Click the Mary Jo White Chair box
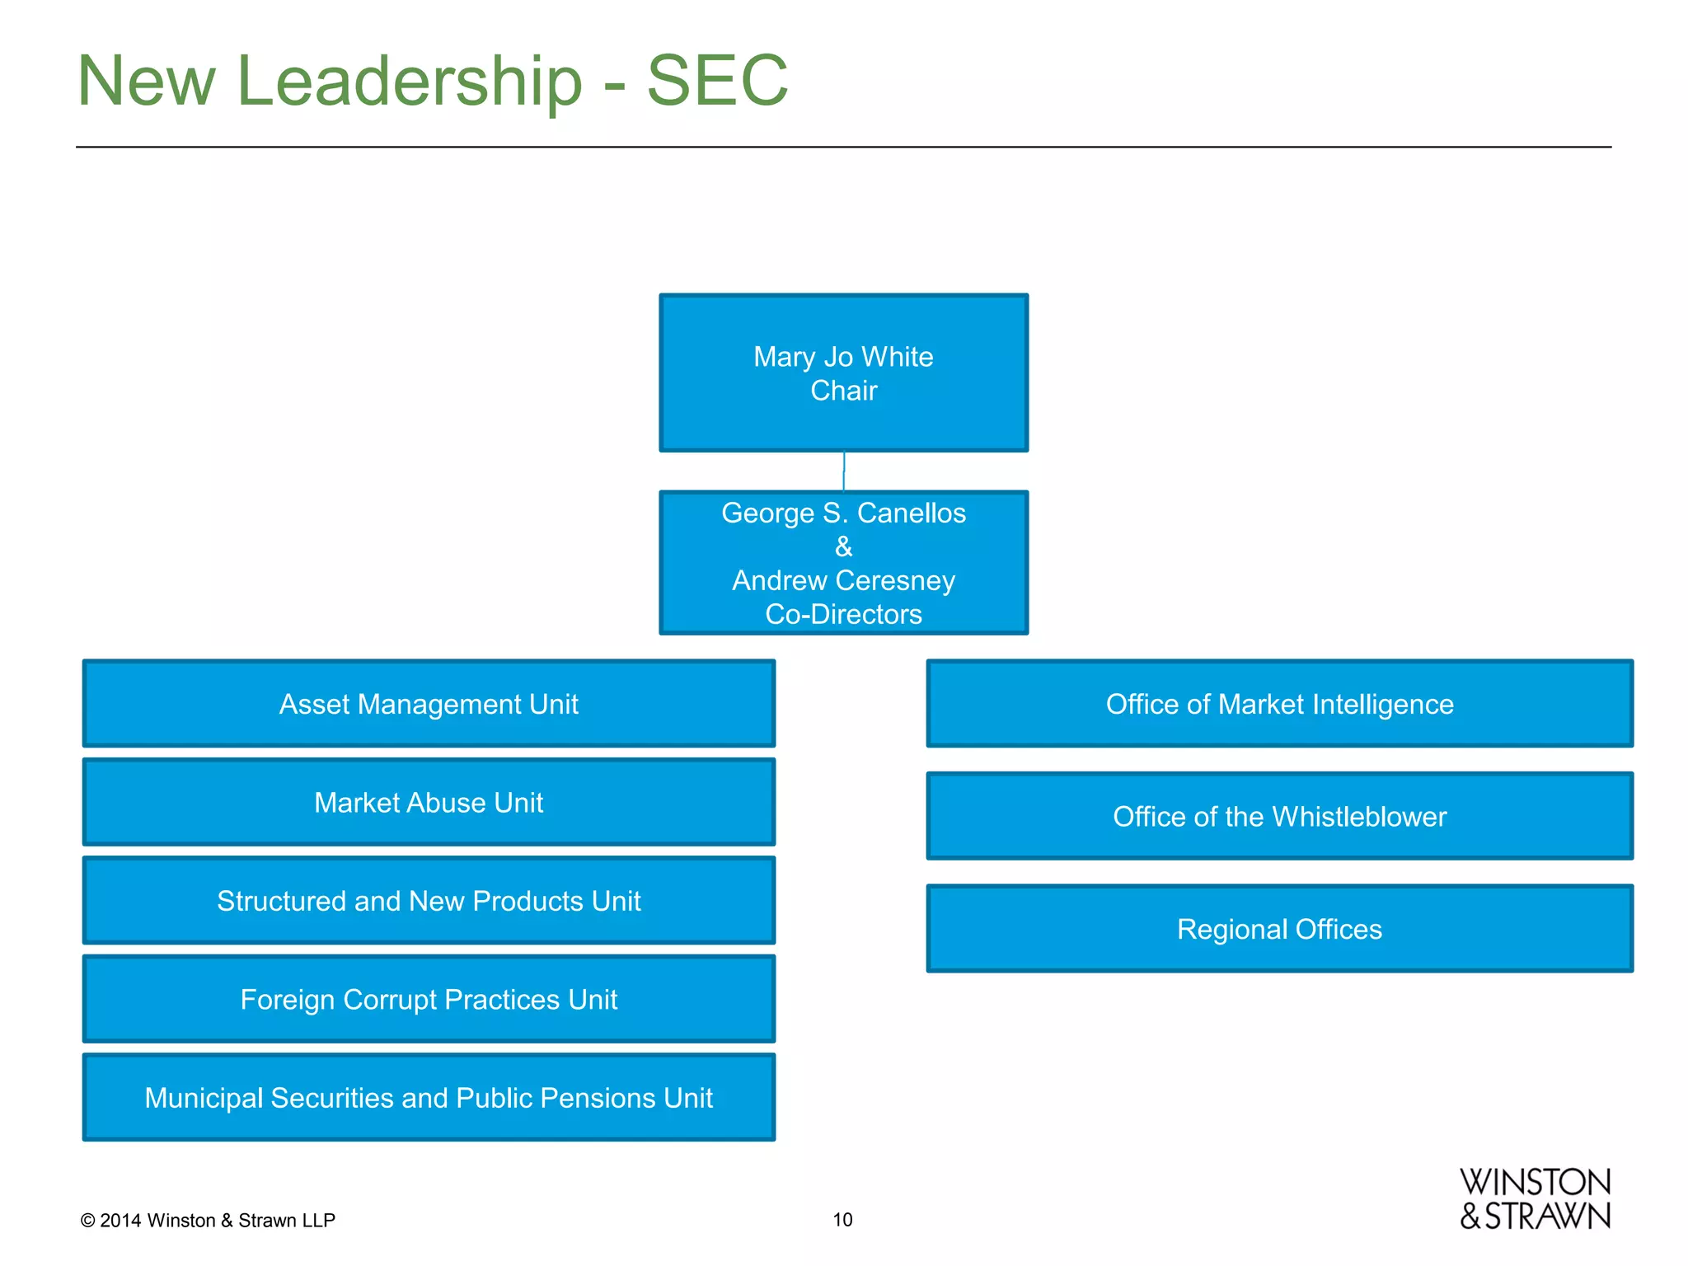pos(843,373)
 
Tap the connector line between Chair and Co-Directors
pos(843,471)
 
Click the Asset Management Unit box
pos(429,704)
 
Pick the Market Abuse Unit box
pos(429,802)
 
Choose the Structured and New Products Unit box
pos(429,900)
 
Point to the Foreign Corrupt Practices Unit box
pos(429,999)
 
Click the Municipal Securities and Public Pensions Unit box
pos(429,1097)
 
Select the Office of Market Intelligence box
pos(1279,704)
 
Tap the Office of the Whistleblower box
pos(1279,816)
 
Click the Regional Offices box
pos(1279,929)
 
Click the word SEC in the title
pos(717,81)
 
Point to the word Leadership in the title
pos(410,81)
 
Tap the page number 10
pos(842,1219)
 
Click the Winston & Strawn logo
pos(1535,1199)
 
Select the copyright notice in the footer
pos(208,1220)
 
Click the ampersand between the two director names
pos(843,546)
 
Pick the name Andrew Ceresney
pos(843,580)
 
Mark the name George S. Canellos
pos(843,513)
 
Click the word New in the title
pos(147,81)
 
